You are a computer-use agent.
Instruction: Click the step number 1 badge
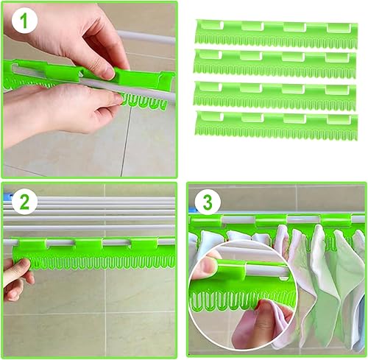pos(24,21)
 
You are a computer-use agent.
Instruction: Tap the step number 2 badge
pos(24,202)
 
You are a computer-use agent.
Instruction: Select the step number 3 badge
pos(208,202)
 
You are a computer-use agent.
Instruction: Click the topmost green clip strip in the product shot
pos(277,34)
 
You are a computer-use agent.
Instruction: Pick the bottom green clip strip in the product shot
pos(277,126)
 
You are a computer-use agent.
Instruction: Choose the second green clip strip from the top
pos(275,63)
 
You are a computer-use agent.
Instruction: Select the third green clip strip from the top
pos(275,96)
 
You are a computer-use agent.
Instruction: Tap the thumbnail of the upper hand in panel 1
pos(107,73)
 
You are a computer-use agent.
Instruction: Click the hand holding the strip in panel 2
pos(17,279)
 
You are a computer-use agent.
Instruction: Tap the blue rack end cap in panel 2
pos(8,196)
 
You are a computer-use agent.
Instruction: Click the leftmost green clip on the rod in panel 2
pos(32,244)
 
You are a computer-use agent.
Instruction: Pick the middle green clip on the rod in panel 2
pos(88,244)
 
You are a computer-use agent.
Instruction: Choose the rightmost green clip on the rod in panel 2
pos(144,244)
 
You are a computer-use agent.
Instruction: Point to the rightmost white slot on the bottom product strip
pos(339,119)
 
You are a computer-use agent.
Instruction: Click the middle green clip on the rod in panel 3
pos(272,219)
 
